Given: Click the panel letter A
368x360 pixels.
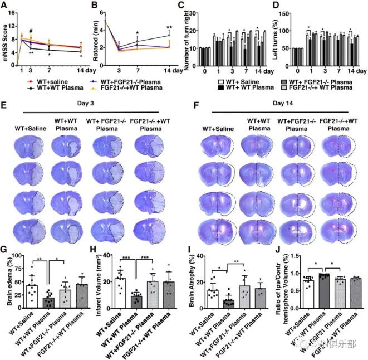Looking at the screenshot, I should coord(6,6).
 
